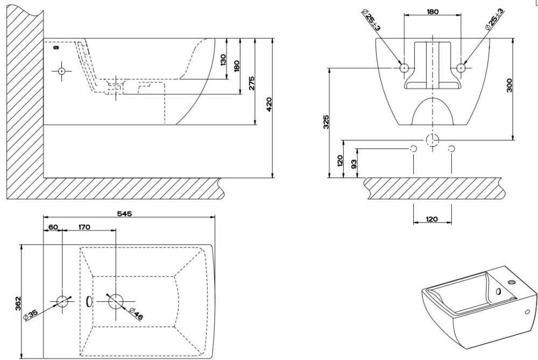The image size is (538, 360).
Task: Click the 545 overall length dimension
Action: pyautogui.click(x=124, y=214)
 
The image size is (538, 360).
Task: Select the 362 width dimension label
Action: pyautogui.click(x=18, y=303)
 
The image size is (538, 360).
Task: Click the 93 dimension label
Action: pyautogui.click(x=353, y=163)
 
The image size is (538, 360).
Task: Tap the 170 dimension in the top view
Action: pyautogui.click(x=84, y=227)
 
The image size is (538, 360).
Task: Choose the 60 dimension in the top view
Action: pyautogui.click(x=53, y=227)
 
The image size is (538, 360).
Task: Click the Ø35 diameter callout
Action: pyautogui.click(x=29, y=314)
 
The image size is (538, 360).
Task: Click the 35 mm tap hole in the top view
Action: pyautogui.click(x=63, y=301)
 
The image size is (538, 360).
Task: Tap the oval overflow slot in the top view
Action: pyautogui.click(x=90, y=301)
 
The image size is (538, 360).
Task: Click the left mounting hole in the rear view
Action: pyautogui.click(x=404, y=68)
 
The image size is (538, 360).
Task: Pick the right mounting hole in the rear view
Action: pyautogui.click(x=461, y=68)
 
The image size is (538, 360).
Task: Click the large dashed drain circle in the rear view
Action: pyautogui.click(x=432, y=141)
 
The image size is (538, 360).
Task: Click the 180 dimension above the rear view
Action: pyautogui.click(x=432, y=12)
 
